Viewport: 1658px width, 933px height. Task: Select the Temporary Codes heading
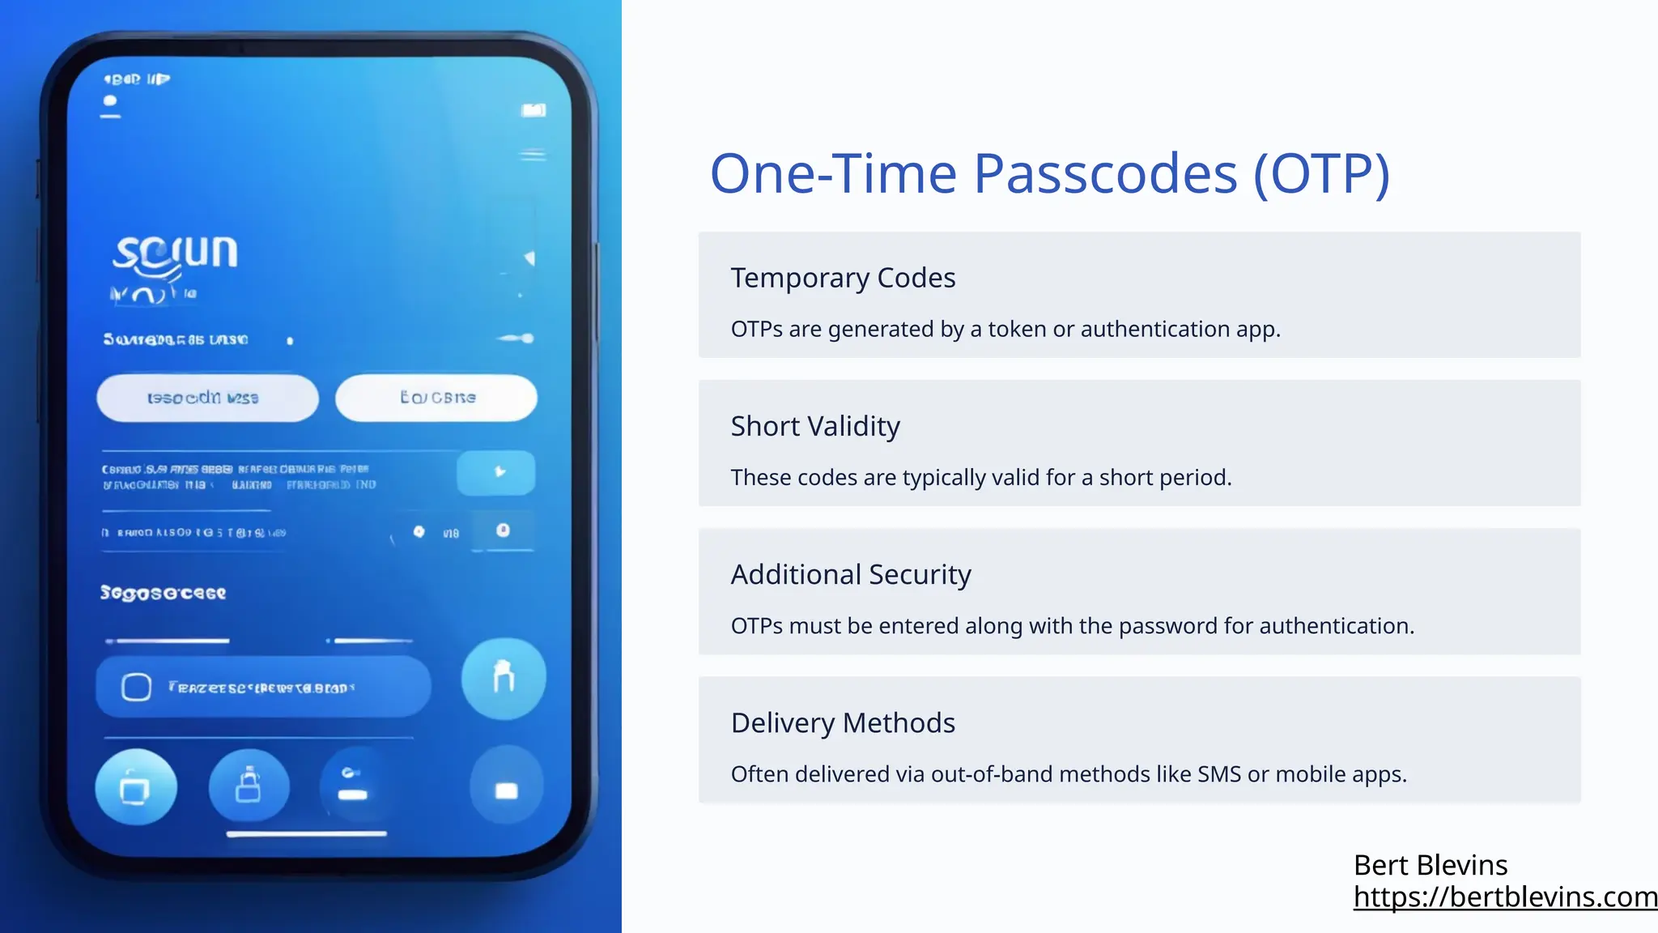843,278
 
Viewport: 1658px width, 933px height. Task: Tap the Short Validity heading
815,426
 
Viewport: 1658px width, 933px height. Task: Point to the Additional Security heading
850,574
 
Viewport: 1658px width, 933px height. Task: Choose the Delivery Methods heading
843,722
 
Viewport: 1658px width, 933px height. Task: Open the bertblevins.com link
1505,897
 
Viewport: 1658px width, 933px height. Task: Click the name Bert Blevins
1431,865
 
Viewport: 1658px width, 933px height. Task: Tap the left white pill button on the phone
207,398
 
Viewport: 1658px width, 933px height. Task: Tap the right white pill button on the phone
436,398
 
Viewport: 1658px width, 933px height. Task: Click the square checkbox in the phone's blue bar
136,687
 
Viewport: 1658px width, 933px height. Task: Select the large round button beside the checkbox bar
504,678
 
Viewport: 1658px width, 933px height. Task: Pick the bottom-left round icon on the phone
136,787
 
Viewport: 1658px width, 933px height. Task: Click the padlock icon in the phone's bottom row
249,786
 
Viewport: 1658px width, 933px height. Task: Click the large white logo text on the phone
175,253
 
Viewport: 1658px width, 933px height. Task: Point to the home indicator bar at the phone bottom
306,833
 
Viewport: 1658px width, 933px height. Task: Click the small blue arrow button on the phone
496,472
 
